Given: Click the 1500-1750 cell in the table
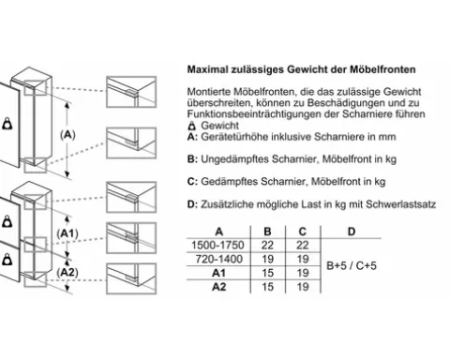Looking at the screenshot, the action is [x=217, y=246].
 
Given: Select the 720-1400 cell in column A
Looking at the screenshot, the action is [x=218, y=259].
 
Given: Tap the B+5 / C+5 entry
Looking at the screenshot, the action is [x=352, y=265].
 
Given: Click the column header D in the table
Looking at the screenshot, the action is [x=352, y=232].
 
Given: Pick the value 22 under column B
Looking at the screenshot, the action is [x=267, y=246].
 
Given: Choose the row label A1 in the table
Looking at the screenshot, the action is [x=218, y=273].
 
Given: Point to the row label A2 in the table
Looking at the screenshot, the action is [x=218, y=287].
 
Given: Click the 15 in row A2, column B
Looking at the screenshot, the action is [x=267, y=287].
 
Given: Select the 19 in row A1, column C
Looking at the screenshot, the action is [x=303, y=273].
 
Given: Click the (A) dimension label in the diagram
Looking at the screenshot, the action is [x=67, y=135].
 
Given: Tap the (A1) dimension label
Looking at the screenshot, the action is [x=67, y=233].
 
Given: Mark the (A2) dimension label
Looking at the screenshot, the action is [x=67, y=273].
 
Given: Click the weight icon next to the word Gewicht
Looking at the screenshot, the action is [x=192, y=126].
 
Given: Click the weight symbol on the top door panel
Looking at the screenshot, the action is [x=7, y=124].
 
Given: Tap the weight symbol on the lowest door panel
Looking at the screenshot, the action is [x=7, y=260].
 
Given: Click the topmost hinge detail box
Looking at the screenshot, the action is [x=131, y=92].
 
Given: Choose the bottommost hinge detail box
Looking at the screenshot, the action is [x=131, y=278].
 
